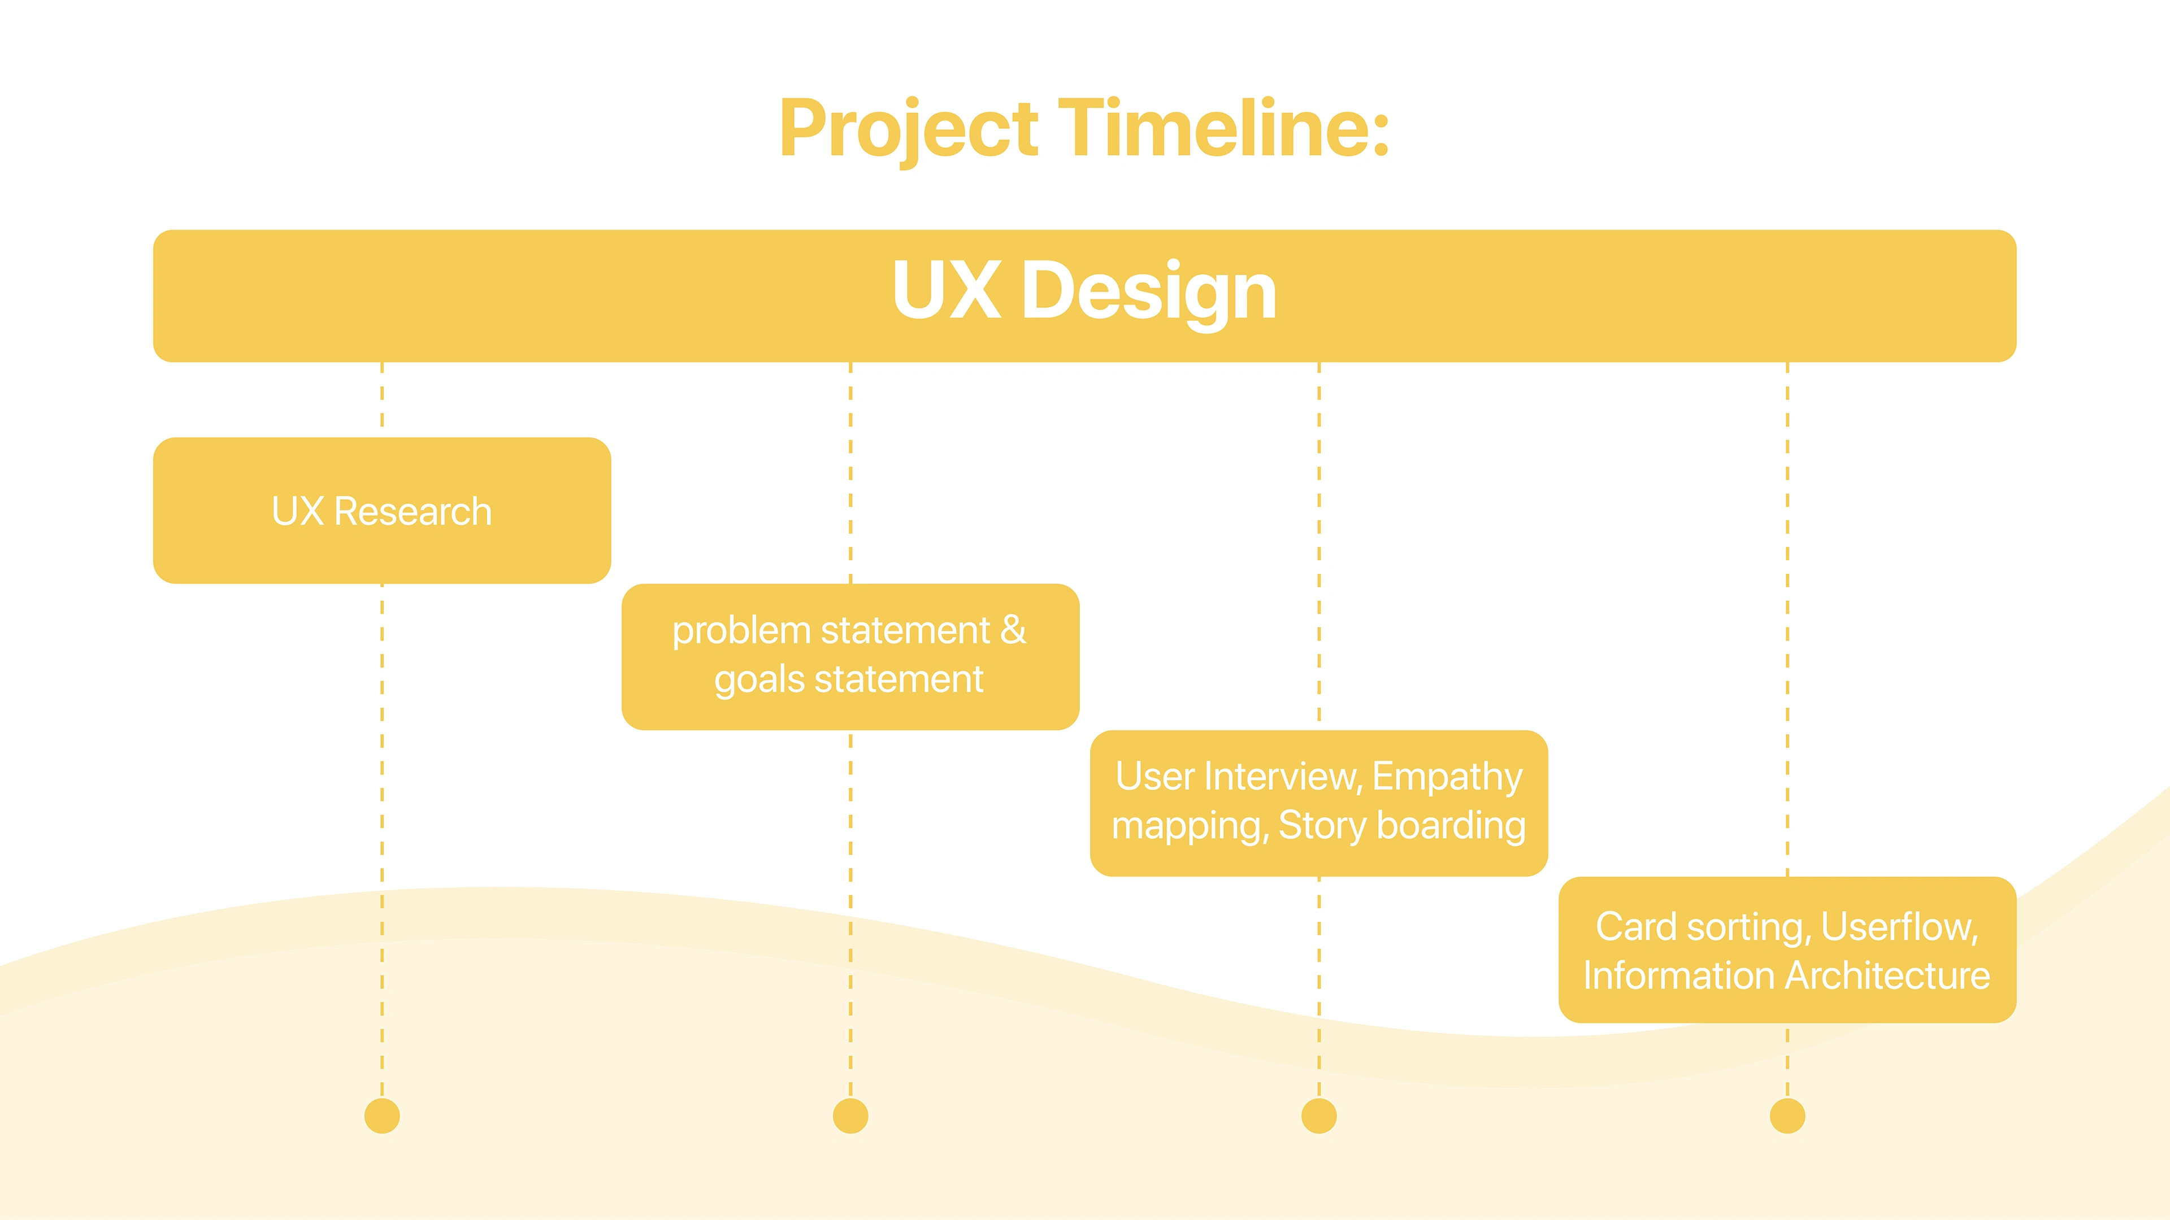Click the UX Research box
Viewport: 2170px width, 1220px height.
[x=381, y=510]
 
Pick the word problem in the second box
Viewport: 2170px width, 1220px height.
[x=741, y=631]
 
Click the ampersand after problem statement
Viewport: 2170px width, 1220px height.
[x=1013, y=630]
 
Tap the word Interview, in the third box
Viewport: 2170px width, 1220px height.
[x=1284, y=776]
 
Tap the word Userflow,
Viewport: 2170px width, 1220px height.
[x=1899, y=927]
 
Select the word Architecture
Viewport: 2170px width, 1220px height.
[x=1887, y=976]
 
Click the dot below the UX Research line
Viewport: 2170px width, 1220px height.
[x=381, y=1116]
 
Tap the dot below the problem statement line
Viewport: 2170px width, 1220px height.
[x=850, y=1116]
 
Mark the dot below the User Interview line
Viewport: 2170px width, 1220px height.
[x=1318, y=1116]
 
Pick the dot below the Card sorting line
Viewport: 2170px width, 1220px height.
[x=1787, y=1116]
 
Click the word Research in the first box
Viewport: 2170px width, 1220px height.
[x=413, y=512]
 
